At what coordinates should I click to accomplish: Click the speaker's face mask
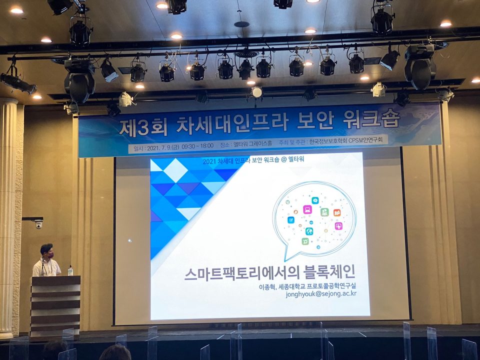(x=50, y=255)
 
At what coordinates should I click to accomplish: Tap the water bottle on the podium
(x=70, y=270)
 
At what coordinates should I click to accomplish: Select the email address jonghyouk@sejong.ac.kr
(x=321, y=293)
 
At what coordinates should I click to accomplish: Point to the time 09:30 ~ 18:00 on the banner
(x=197, y=146)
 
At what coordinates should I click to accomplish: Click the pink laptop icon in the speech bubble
(x=307, y=209)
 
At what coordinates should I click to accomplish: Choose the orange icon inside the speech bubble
(x=337, y=212)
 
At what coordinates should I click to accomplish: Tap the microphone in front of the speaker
(x=43, y=267)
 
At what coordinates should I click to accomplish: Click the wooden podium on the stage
(x=55, y=306)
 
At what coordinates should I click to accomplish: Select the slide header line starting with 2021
(x=253, y=160)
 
